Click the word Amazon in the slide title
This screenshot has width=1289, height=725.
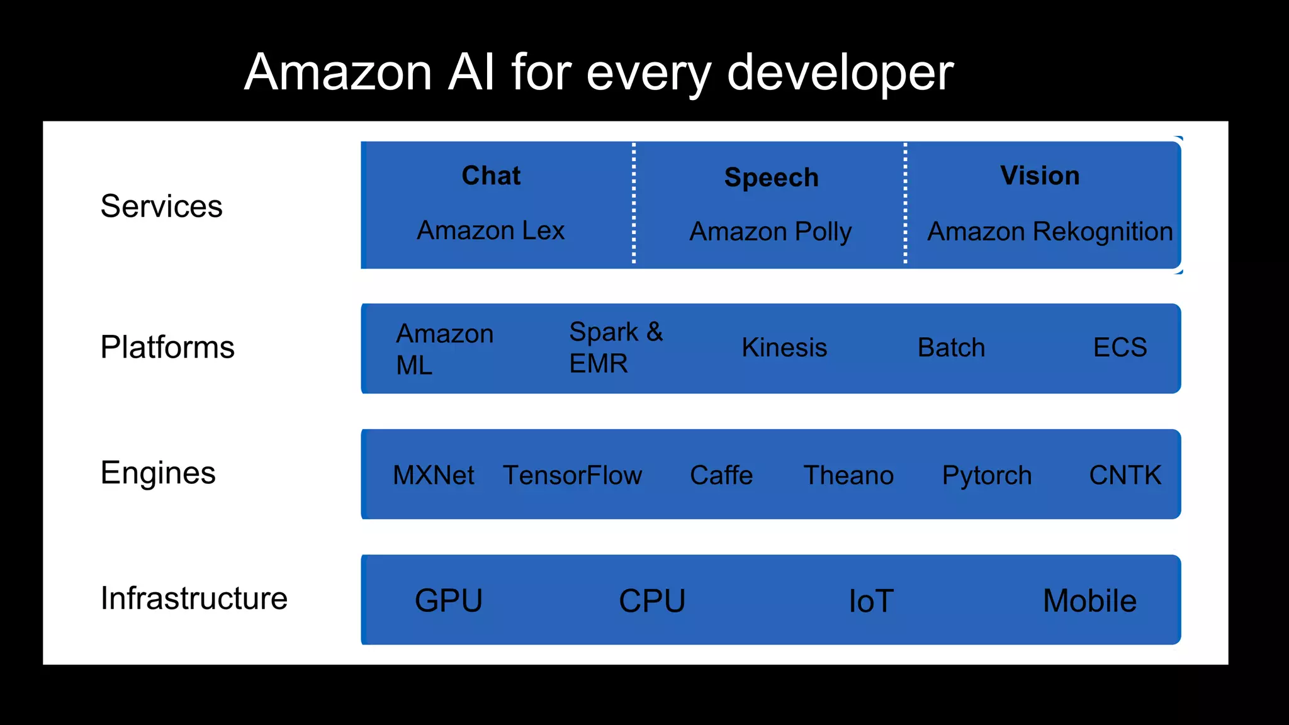pyautogui.click(x=338, y=72)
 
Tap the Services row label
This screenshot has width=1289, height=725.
pyautogui.click(x=161, y=206)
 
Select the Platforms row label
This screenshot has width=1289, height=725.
pyautogui.click(x=167, y=347)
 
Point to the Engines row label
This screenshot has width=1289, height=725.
pyautogui.click(x=158, y=473)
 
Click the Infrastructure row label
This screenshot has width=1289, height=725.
pyautogui.click(x=194, y=599)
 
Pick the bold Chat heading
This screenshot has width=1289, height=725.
pyautogui.click(x=491, y=176)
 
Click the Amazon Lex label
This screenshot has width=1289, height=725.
pyautogui.click(x=490, y=230)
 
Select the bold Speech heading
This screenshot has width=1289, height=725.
pyautogui.click(x=771, y=177)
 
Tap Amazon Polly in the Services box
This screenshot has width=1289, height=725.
pyautogui.click(x=770, y=232)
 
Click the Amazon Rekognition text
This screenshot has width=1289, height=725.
pyautogui.click(x=1050, y=232)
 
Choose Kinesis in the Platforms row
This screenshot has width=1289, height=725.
pyautogui.click(x=784, y=347)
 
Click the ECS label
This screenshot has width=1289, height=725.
pyautogui.click(x=1120, y=347)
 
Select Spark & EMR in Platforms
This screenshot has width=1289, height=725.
pyautogui.click(x=616, y=347)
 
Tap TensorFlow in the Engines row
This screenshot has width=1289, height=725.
pyautogui.click(x=572, y=475)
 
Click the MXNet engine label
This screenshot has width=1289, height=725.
pyautogui.click(x=433, y=475)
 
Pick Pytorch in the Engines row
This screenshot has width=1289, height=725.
pyautogui.click(x=986, y=475)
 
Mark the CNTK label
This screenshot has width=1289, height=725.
pyautogui.click(x=1125, y=475)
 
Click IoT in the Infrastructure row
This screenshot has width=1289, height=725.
pyautogui.click(x=870, y=601)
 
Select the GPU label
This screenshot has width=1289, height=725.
pyautogui.click(x=448, y=600)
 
